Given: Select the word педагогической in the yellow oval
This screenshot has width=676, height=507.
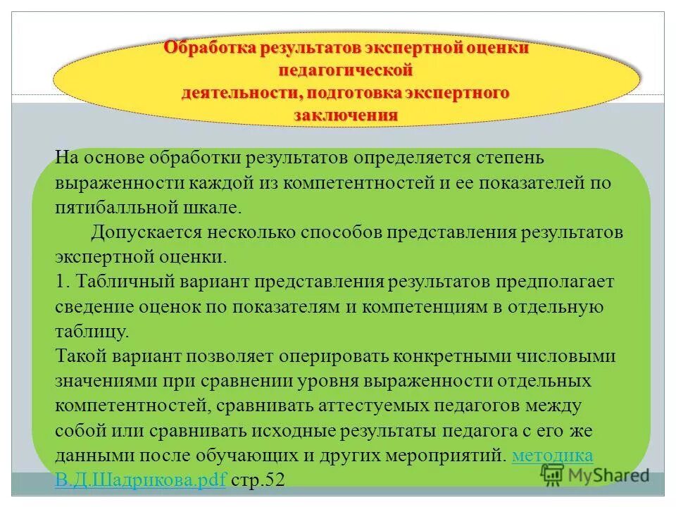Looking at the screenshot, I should [345, 71].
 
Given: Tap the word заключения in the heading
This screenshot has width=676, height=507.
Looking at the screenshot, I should [345, 114].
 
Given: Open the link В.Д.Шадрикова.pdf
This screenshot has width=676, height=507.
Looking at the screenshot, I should [141, 480].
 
